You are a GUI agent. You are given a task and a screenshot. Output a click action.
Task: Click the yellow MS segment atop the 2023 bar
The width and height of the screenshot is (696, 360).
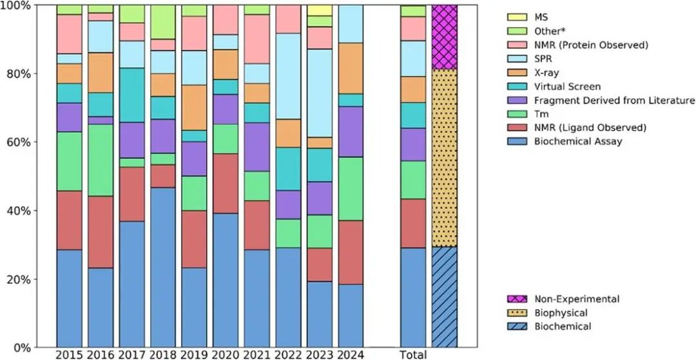tap(320, 10)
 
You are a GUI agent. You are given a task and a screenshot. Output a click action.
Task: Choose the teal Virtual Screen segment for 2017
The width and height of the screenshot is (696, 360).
tap(132, 95)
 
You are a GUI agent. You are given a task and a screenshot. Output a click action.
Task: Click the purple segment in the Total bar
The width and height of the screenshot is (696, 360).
tap(413, 144)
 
